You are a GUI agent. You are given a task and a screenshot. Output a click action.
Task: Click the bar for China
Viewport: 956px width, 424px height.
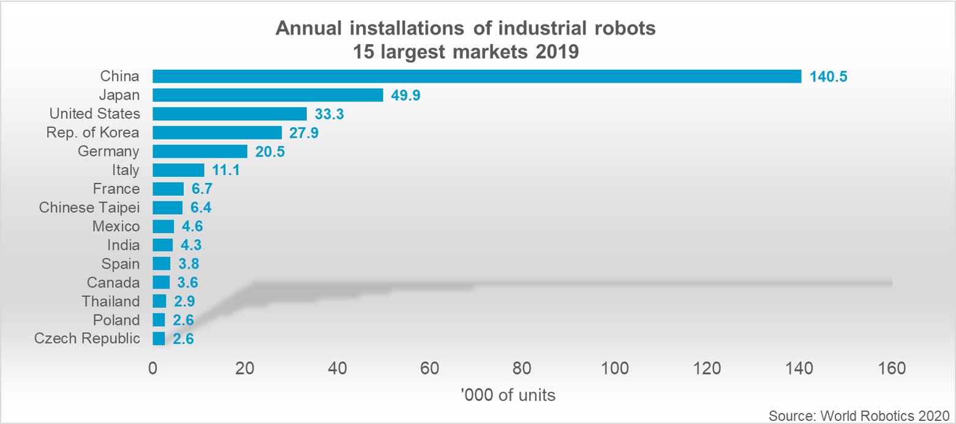click(x=476, y=76)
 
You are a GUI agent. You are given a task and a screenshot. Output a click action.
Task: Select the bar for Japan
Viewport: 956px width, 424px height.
click(x=268, y=95)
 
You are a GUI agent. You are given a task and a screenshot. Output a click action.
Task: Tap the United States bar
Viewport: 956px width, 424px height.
click(x=230, y=114)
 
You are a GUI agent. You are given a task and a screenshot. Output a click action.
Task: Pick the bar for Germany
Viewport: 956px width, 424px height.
click(x=200, y=152)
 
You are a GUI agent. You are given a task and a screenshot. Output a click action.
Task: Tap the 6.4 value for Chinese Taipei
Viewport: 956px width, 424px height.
click(x=201, y=208)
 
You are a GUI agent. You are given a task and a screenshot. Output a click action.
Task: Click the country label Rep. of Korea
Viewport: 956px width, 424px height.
click(x=93, y=133)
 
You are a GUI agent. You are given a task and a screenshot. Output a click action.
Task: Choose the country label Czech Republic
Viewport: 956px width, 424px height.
click(x=87, y=338)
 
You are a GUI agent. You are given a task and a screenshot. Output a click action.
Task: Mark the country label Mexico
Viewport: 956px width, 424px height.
click(x=116, y=226)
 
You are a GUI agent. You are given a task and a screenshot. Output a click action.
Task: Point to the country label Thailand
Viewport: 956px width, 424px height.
click(x=111, y=301)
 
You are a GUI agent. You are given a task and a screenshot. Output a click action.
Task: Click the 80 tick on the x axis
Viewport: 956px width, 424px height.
click(x=522, y=368)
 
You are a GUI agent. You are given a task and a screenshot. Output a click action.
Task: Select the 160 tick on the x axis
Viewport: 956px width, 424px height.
click(x=892, y=368)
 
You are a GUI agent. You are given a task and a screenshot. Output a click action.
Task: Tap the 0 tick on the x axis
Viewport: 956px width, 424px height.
click(x=152, y=368)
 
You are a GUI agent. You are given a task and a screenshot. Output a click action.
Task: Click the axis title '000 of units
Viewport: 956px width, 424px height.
click(x=508, y=395)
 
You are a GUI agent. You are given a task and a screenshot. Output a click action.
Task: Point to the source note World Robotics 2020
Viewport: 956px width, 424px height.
click(x=858, y=415)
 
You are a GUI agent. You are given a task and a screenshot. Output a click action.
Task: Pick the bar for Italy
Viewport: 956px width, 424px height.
click(x=178, y=170)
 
